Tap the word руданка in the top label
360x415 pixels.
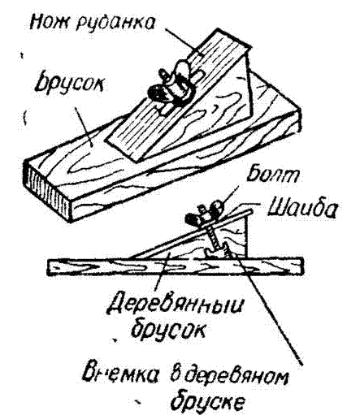115,23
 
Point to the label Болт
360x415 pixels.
271,175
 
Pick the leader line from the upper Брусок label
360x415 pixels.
84,127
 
